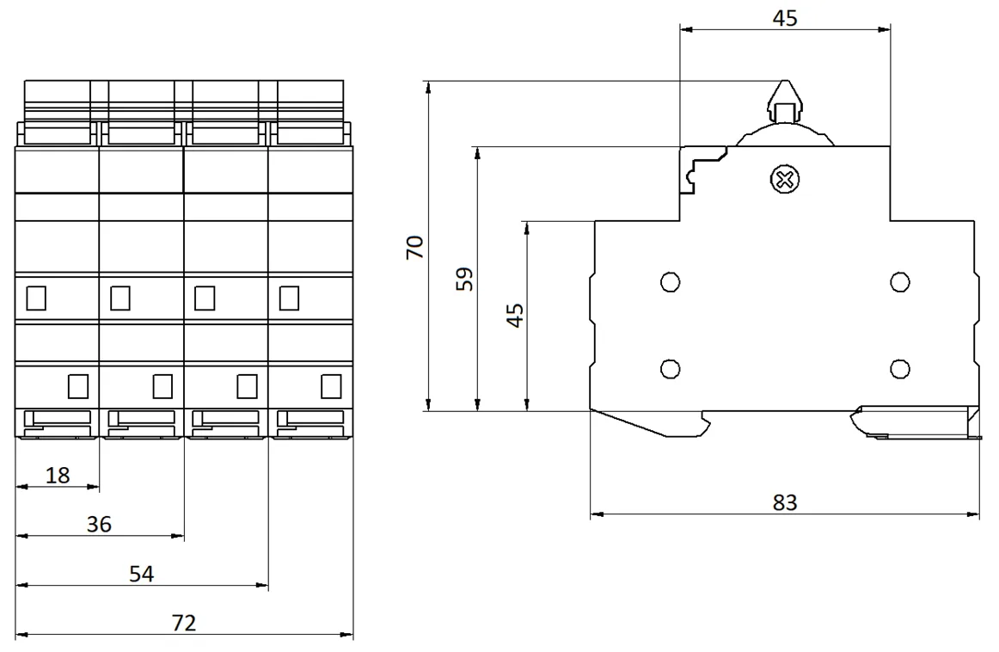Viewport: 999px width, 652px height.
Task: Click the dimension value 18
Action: [58, 475]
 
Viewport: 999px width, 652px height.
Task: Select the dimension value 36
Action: [100, 524]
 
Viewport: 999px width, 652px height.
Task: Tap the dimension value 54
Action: [142, 574]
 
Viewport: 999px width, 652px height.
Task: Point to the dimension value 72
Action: [184, 623]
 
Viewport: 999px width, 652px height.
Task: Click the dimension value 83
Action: [785, 503]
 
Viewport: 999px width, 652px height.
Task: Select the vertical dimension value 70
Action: [414, 247]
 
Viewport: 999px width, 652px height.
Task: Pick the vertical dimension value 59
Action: [465, 279]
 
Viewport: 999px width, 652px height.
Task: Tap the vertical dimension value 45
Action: [515, 316]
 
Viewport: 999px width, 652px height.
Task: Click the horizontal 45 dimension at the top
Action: [785, 18]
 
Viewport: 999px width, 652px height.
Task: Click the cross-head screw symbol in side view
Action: [785, 180]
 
